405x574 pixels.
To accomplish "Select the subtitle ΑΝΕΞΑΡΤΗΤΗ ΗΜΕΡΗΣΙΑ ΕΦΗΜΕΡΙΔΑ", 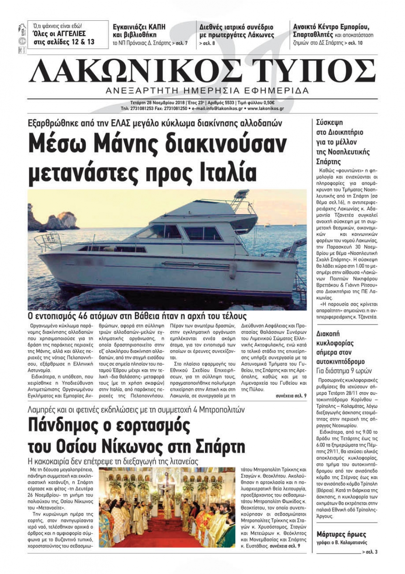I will point(207,90).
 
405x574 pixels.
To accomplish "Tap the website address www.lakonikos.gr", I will point(265,109).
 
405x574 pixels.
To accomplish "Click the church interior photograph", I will point(167,507).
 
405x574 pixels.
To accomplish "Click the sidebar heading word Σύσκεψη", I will point(329,122).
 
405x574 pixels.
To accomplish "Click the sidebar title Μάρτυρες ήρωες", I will point(341,534).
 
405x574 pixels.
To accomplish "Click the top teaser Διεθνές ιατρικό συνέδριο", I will point(236,27).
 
